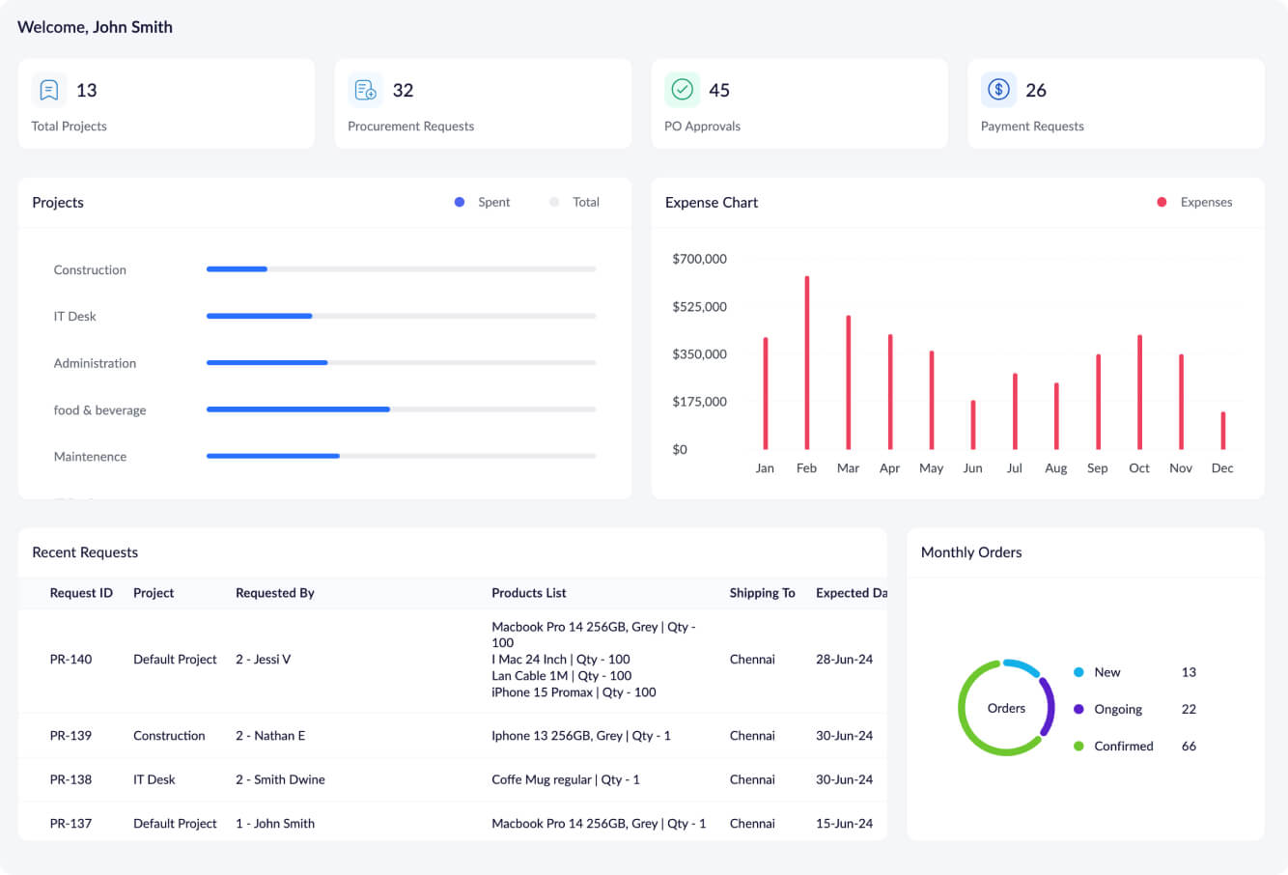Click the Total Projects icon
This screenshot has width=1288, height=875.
(x=49, y=90)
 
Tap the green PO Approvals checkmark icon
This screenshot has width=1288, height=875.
(x=682, y=90)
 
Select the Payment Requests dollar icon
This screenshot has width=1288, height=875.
(x=998, y=90)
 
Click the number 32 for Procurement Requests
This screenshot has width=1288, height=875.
(x=403, y=91)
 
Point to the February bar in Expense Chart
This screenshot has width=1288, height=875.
(x=807, y=363)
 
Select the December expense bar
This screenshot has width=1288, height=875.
(x=1223, y=431)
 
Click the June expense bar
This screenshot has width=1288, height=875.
(x=973, y=425)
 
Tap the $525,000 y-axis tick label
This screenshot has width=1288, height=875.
(x=699, y=307)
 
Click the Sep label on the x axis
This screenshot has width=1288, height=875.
(x=1098, y=468)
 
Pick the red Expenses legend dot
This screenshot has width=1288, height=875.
(x=1162, y=202)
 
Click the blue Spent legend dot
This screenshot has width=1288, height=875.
(x=460, y=202)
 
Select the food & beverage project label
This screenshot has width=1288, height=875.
(x=100, y=410)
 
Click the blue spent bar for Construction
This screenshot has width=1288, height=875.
(x=237, y=269)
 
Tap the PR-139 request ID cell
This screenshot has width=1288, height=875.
(x=70, y=736)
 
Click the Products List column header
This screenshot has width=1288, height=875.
(x=529, y=593)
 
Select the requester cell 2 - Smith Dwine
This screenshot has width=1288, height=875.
(x=280, y=779)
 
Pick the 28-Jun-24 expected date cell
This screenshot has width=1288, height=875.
(x=844, y=660)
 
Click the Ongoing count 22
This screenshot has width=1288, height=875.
(x=1189, y=709)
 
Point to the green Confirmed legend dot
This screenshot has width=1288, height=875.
(x=1078, y=746)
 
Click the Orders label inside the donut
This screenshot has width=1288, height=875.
(x=1006, y=709)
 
